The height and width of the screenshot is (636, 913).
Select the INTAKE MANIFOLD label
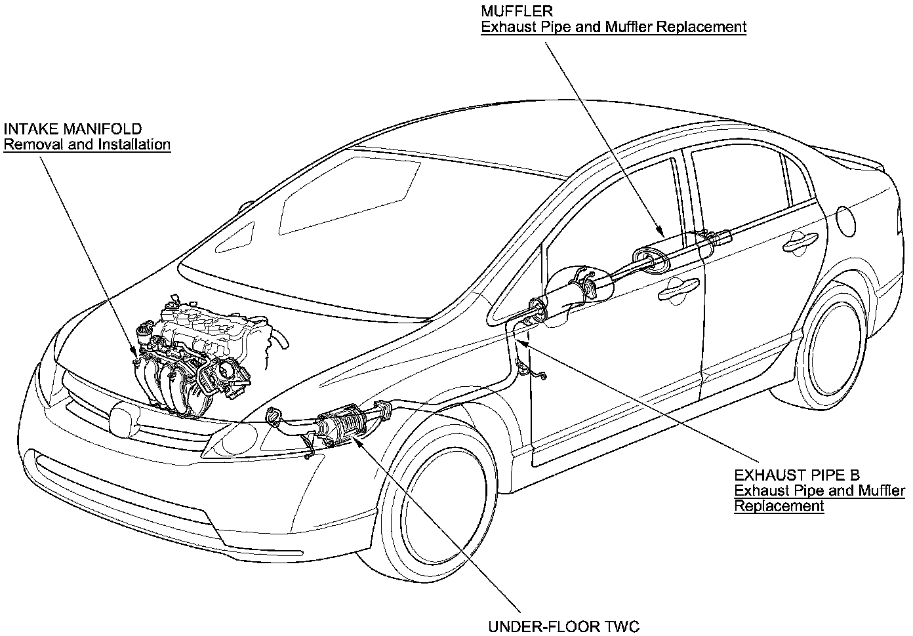(72, 129)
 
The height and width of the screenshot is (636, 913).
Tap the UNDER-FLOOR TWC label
(563, 626)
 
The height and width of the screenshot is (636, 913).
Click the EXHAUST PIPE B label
(796, 475)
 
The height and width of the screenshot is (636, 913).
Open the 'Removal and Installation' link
(87, 144)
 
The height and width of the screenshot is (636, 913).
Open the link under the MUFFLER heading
(613, 27)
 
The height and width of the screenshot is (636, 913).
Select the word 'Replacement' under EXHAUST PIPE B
(779, 506)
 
